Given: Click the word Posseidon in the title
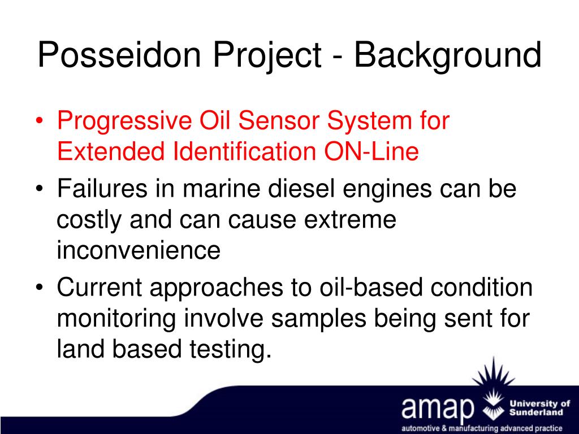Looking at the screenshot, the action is [119, 55].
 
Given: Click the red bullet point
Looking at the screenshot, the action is [40, 121].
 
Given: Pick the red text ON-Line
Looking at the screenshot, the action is [371, 151].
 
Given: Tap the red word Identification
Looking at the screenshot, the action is [244, 151].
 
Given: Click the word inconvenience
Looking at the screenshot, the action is [139, 250].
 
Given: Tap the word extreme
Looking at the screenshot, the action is [350, 220].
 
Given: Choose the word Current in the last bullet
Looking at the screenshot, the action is [100, 287].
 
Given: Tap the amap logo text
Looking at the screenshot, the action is [438, 409].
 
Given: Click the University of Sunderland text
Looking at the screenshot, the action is [540, 408].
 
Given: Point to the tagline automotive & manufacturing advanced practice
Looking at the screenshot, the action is [482, 428].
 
